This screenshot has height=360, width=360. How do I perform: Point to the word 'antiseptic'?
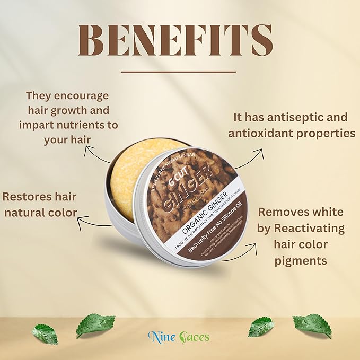pos(303,117)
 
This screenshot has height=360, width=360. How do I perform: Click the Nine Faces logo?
pos(179,336)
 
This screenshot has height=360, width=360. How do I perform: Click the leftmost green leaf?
pos(45,334)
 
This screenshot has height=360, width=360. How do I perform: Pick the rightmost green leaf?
pos(312,324)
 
